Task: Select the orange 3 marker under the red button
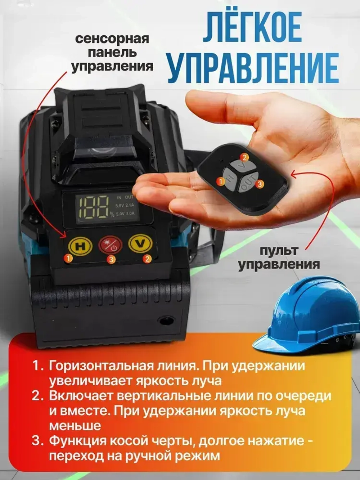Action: (x=112, y=259)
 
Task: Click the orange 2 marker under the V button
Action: (x=147, y=258)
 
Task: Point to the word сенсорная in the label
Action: (x=112, y=38)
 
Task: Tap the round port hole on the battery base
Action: (x=166, y=320)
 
